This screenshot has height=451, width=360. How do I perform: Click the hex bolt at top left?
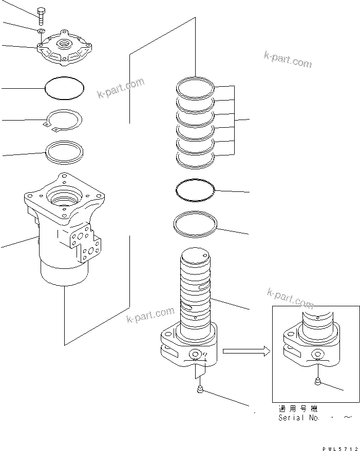41,16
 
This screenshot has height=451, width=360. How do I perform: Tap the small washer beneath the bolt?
41,32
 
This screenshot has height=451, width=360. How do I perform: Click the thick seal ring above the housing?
66,152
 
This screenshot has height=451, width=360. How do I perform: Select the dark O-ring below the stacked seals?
195,190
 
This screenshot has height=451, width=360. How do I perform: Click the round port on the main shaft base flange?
195,355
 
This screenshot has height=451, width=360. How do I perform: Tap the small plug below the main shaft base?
199,391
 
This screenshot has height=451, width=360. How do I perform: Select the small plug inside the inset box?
318,381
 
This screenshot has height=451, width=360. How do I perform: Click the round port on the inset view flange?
316,354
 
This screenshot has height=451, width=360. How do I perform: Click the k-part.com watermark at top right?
288,60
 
